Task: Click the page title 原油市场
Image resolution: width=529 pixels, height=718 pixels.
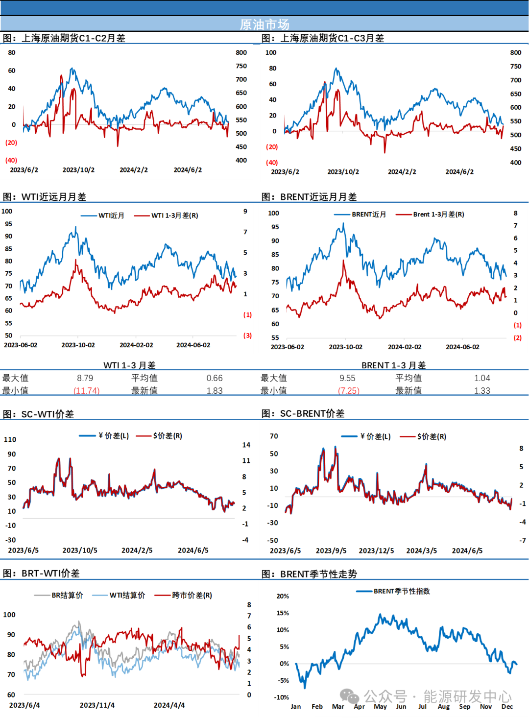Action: (264, 24)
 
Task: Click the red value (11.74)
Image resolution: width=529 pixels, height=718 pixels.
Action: (87, 390)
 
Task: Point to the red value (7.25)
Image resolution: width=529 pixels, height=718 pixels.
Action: (349, 390)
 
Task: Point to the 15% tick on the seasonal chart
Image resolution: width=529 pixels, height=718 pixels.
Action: (283, 613)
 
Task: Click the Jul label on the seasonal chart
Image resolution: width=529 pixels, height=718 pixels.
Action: (422, 706)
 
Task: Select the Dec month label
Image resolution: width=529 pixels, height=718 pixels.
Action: (507, 706)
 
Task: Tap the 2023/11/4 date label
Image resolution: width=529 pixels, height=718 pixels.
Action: (97, 705)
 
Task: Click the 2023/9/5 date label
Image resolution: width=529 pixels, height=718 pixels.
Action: (331, 550)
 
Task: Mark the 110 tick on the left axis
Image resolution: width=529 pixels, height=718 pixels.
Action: (10, 439)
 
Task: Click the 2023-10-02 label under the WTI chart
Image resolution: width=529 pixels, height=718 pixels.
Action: (78, 345)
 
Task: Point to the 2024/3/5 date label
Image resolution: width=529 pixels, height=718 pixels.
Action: (421, 550)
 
